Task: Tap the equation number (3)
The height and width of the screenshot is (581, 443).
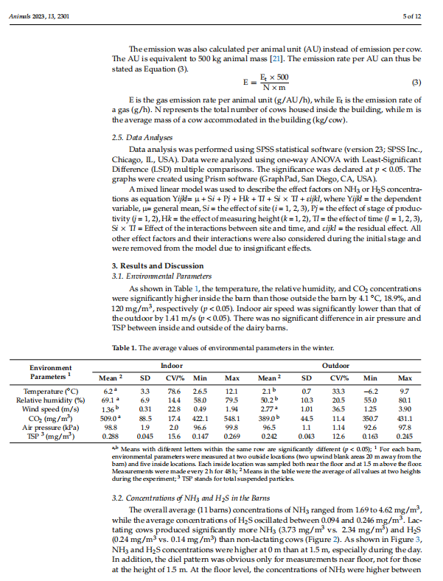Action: (x=415, y=81)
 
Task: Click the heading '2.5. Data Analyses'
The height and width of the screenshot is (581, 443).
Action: (x=142, y=137)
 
